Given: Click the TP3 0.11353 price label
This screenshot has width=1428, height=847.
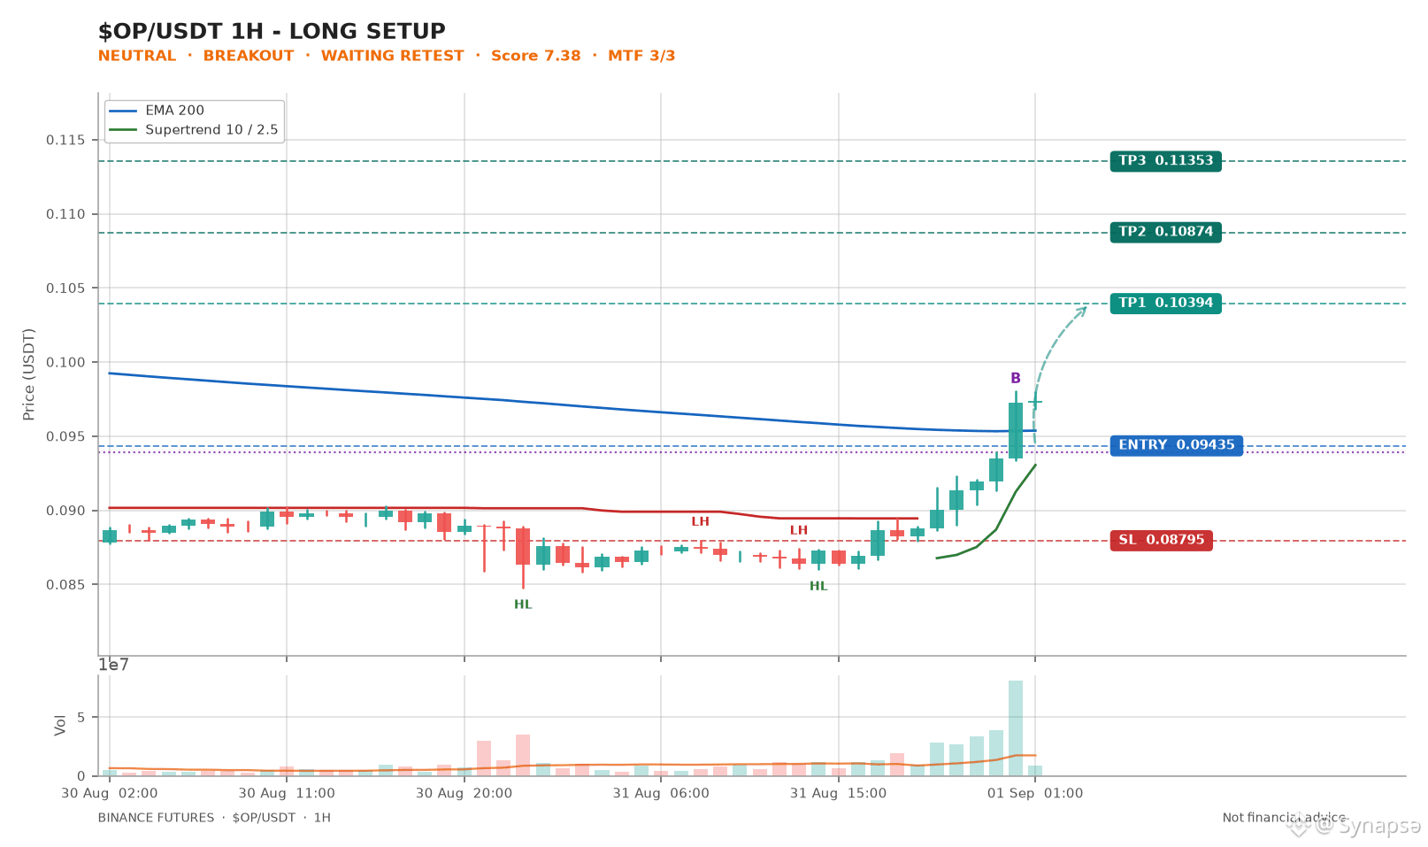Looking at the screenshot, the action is pos(1165,161).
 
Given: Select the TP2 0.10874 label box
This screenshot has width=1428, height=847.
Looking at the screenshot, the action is pos(1165,232).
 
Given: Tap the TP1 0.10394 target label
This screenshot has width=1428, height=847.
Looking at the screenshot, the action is pos(1165,303).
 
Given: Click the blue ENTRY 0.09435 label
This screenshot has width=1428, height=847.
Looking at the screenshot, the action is pos(1176,445).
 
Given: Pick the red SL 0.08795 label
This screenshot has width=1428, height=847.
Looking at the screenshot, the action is pos(1161,540).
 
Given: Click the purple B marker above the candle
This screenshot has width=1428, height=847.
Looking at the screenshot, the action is pos(1016,378).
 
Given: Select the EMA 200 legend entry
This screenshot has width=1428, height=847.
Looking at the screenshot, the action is pos(157,111).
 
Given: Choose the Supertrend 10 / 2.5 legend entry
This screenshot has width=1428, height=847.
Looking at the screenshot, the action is pos(194,130).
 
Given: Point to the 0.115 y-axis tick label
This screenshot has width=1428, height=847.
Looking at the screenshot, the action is pos(65,140).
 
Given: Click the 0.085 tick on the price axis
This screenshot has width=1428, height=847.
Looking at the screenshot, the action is pos(65,584).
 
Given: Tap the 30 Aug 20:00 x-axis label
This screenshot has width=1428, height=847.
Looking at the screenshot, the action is pos(464,793).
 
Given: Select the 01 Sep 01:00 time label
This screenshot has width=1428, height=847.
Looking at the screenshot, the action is pos(1034,793).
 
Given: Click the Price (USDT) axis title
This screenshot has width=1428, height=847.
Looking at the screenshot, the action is pos(28,374).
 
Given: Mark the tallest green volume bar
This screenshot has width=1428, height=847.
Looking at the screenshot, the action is pos(1016,728).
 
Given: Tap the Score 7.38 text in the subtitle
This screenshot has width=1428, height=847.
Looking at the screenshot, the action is pos(535,56).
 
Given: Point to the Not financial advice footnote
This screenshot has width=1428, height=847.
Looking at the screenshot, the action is pos(1283,818).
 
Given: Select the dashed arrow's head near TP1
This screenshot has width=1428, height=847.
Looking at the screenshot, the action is pos(1082,311).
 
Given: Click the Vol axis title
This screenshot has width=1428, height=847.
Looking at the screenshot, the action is pos(60,725).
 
